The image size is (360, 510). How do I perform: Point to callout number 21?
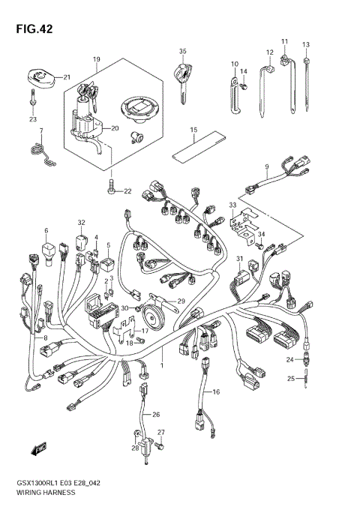pyautogui.click(x=67, y=76)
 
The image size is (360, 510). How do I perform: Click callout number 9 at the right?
pyautogui.click(x=265, y=165)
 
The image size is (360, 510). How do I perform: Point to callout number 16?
pyautogui.click(x=216, y=391)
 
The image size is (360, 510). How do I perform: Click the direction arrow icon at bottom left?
pyautogui.click(x=35, y=450)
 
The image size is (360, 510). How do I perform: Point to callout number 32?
pyautogui.click(x=81, y=223)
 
